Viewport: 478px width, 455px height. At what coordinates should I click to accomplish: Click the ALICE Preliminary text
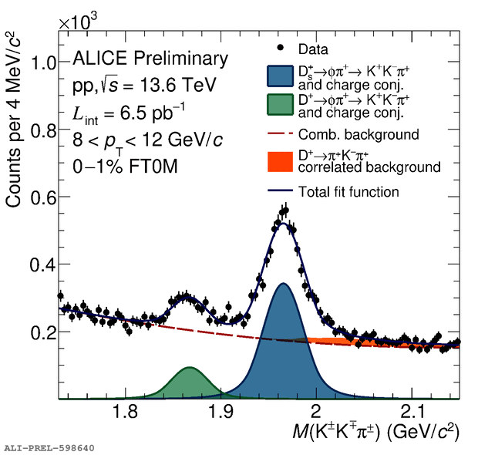tap(150, 58)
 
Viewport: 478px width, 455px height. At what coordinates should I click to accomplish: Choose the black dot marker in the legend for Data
tap(280, 48)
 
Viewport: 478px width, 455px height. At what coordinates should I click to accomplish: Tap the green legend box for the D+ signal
tap(280, 106)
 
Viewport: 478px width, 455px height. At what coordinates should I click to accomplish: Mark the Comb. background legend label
tap(358, 135)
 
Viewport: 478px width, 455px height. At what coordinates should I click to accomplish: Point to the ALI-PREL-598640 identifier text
tap(49, 447)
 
